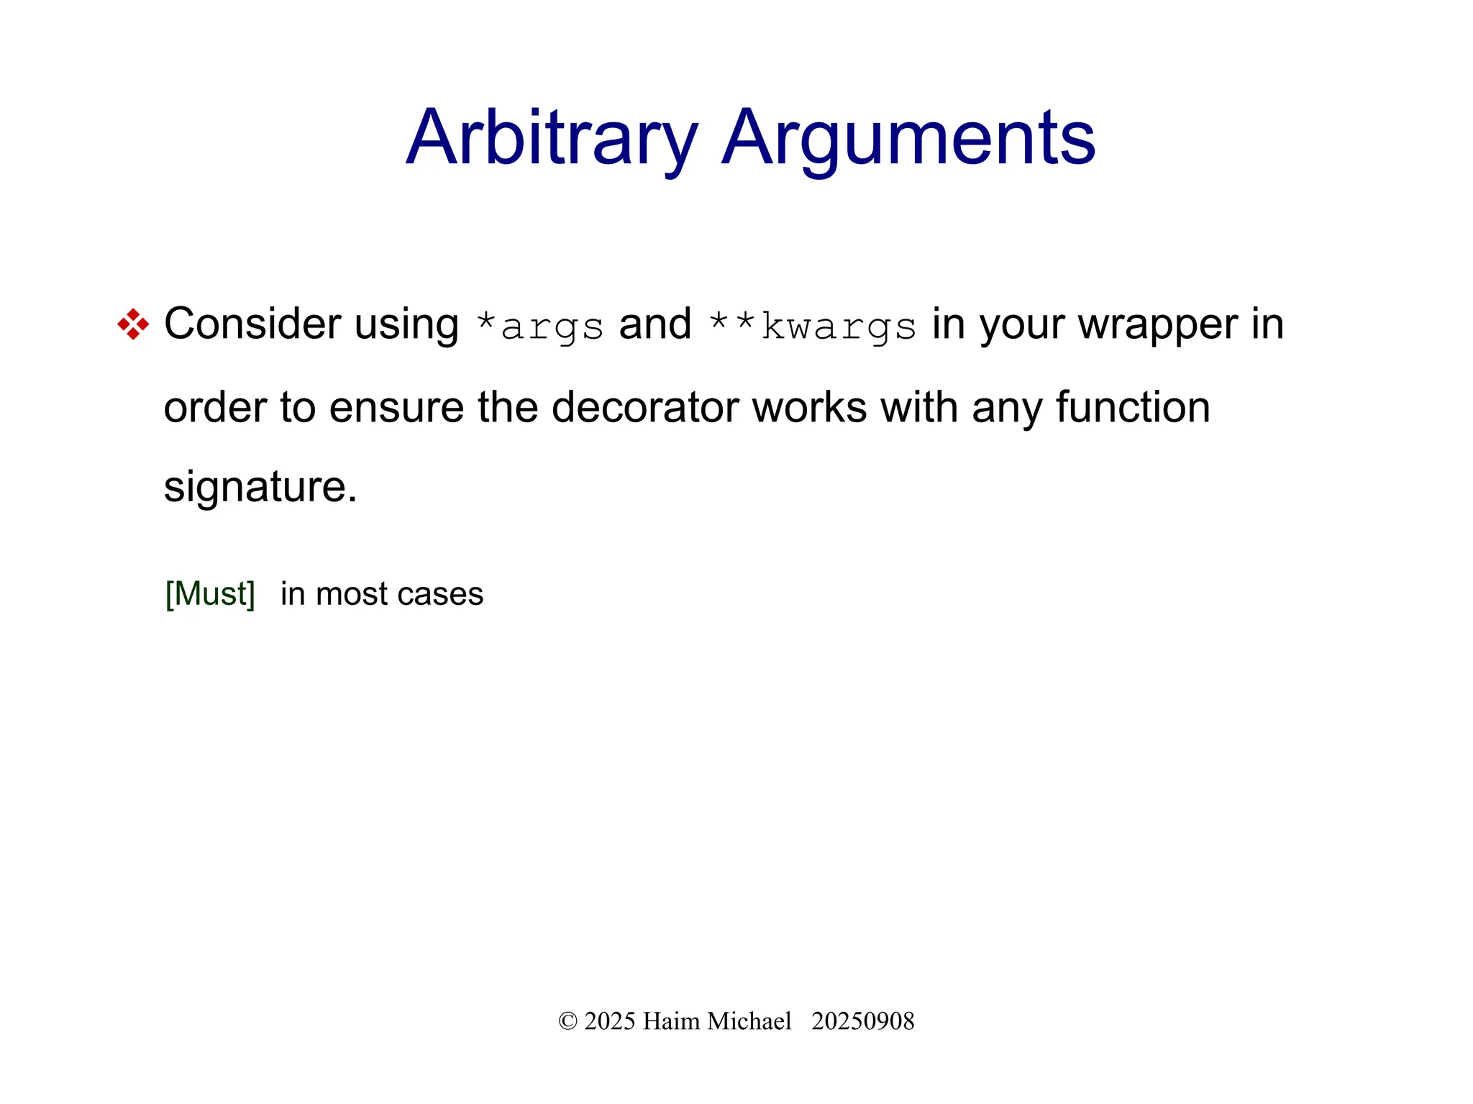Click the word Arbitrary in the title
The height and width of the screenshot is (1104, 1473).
pyautogui.click(x=552, y=138)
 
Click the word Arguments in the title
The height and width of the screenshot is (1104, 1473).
pyautogui.click(x=908, y=138)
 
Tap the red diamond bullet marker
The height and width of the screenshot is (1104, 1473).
pyautogui.click(x=133, y=324)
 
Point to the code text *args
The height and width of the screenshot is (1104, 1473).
pyautogui.click(x=540, y=327)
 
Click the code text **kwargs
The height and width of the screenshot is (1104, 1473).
pyautogui.click(x=812, y=327)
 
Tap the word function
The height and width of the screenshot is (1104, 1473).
pyautogui.click(x=1133, y=407)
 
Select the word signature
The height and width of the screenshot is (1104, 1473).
pyautogui.click(x=260, y=488)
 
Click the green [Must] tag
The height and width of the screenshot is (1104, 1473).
pyautogui.click(x=210, y=594)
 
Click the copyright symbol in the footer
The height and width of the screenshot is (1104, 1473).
pyautogui.click(x=567, y=1021)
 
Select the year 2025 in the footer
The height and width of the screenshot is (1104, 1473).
pyautogui.click(x=610, y=1021)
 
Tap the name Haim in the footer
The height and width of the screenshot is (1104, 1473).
pyautogui.click(x=671, y=1021)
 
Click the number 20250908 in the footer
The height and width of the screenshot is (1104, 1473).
pyautogui.click(x=862, y=1021)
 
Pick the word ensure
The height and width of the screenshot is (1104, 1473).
pyautogui.click(x=396, y=407)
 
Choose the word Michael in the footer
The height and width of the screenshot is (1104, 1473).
pyautogui.click(x=749, y=1021)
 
